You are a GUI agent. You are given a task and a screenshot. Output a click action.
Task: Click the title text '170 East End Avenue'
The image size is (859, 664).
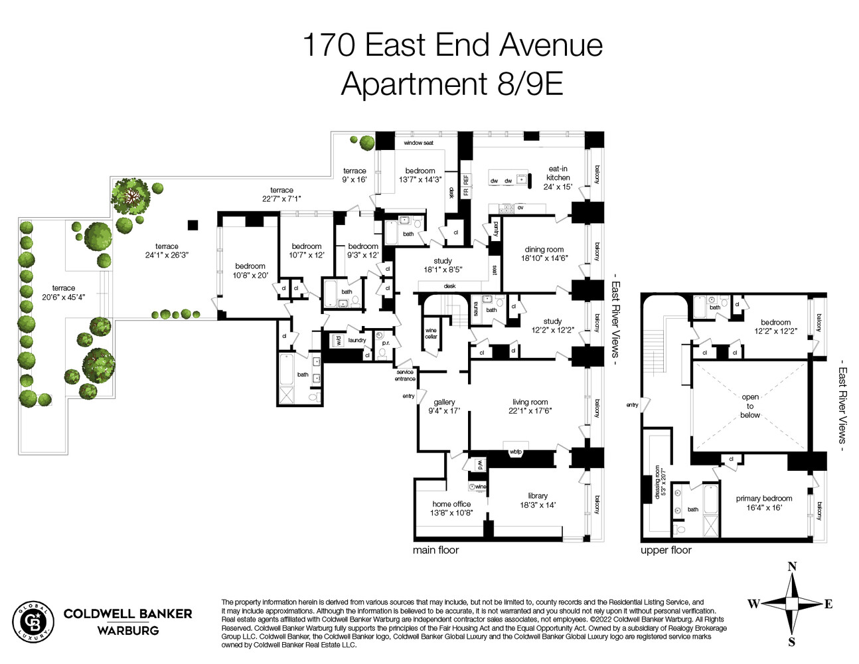pyautogui.click(x=452, y=46)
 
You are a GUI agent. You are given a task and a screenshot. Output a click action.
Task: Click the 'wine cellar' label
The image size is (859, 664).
pyautogui.click(x=431, y=333)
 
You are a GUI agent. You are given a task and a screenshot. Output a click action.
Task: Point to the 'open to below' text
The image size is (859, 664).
pyautogui.click(x=750, y=406)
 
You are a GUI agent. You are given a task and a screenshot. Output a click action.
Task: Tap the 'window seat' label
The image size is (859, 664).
pyautogui.click(x=418, y=143)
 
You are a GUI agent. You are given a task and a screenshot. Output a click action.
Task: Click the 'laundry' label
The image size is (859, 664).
pyautogui.click(x=357, y=340)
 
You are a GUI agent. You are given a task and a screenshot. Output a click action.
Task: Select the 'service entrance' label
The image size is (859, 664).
pyautogui.click(x=405, y=375)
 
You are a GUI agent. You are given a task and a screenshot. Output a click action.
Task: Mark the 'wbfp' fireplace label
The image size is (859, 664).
pyautogui.click(x=516, y=452)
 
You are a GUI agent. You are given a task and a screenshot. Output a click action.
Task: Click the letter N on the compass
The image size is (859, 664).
pyautogui.click(x=791, y=566)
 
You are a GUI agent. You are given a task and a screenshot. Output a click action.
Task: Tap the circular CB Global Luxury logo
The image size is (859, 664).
pyautogui.click(x=33, y=622)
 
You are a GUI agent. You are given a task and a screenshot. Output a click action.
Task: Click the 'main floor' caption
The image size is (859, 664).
pyautogui.click(x=435, y=550)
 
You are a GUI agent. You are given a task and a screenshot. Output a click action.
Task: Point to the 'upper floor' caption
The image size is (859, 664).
pyautogui.click(x=666, y=550)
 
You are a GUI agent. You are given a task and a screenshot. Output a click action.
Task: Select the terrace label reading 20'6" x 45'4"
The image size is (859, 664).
pyautogui.click(x=64, y=292)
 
